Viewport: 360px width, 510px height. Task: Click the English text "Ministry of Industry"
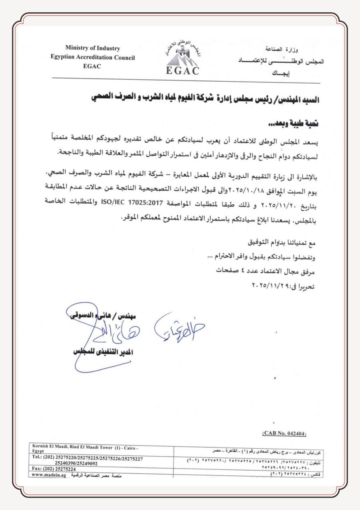click(x=92, y=49)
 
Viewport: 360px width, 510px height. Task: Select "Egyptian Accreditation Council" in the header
click(x=93, y=57)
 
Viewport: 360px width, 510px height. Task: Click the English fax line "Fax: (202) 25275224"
click(x=53, y=469)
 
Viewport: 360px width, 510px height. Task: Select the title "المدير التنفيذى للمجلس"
click(x=104, y=353)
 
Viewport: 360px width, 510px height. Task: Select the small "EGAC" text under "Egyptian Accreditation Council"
click(x=92, y=67)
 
